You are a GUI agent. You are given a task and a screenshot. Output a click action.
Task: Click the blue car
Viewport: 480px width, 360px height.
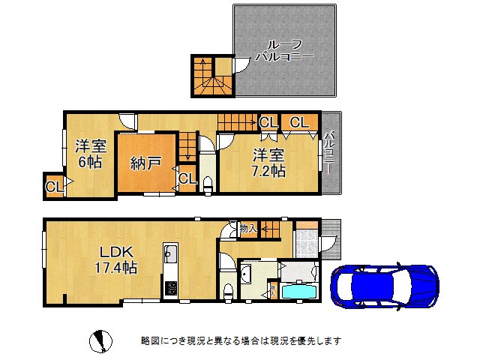[385, 286]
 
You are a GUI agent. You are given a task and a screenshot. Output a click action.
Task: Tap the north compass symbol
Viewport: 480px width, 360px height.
[100, 341]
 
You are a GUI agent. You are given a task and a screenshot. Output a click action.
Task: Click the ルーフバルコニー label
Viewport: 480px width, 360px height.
[284, 50]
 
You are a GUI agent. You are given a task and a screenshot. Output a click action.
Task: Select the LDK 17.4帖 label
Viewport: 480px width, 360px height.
[115, 259]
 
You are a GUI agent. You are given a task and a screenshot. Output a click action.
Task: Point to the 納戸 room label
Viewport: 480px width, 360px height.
[145, 163]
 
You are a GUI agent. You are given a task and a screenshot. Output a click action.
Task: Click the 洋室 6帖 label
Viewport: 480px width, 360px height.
[91, 154]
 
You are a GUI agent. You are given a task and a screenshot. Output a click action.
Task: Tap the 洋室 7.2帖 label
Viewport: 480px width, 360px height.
[268, 163]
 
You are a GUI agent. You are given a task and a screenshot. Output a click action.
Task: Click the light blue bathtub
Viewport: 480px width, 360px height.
[298, 291]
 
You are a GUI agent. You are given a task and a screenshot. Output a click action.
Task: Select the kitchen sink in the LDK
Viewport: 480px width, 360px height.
[170, 253]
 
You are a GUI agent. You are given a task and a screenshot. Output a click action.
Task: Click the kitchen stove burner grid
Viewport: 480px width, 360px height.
[171, 288]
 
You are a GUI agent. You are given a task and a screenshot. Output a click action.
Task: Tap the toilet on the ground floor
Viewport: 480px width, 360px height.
[228, 293]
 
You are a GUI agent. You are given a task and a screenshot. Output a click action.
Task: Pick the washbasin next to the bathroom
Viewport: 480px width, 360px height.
[246, 272]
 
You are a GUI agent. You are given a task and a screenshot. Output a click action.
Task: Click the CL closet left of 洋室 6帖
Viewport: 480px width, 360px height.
[54, 187]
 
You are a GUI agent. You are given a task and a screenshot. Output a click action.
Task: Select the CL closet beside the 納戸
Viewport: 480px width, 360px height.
[187, 178]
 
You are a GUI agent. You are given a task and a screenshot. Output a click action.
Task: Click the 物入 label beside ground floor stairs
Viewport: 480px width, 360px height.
[248, 228]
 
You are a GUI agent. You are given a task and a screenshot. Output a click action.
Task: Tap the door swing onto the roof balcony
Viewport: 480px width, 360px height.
[241, 65]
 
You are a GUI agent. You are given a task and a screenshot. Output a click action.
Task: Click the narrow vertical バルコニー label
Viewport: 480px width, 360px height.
[330, 152]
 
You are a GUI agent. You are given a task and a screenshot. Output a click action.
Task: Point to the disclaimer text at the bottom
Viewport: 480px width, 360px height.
[241, 340]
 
